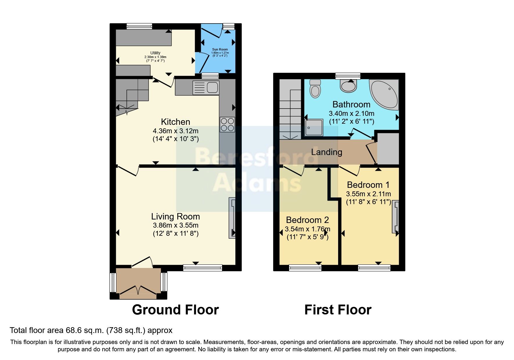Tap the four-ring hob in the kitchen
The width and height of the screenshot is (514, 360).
click(x=227, y=124)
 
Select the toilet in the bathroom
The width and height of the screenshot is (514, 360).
click(x=315, y=88)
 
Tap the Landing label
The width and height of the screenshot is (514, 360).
click(x=327, y=152)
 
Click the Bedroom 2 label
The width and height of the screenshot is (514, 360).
click(x=307, y=220)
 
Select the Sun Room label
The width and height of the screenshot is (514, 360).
click(x=220, y=50)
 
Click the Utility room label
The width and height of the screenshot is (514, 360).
click(x=155, y=53)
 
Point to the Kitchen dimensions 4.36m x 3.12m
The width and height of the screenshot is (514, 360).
click(x=176, y=131)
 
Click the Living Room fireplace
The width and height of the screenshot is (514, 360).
click(x=232, y=218)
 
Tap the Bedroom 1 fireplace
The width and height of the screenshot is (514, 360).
click(x=396, y=217)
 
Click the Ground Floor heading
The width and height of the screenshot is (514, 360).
click(x=175, y=310)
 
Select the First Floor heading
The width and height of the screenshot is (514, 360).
click(x=338, y=310)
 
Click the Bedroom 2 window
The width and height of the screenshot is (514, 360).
click(x=305, y=268)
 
